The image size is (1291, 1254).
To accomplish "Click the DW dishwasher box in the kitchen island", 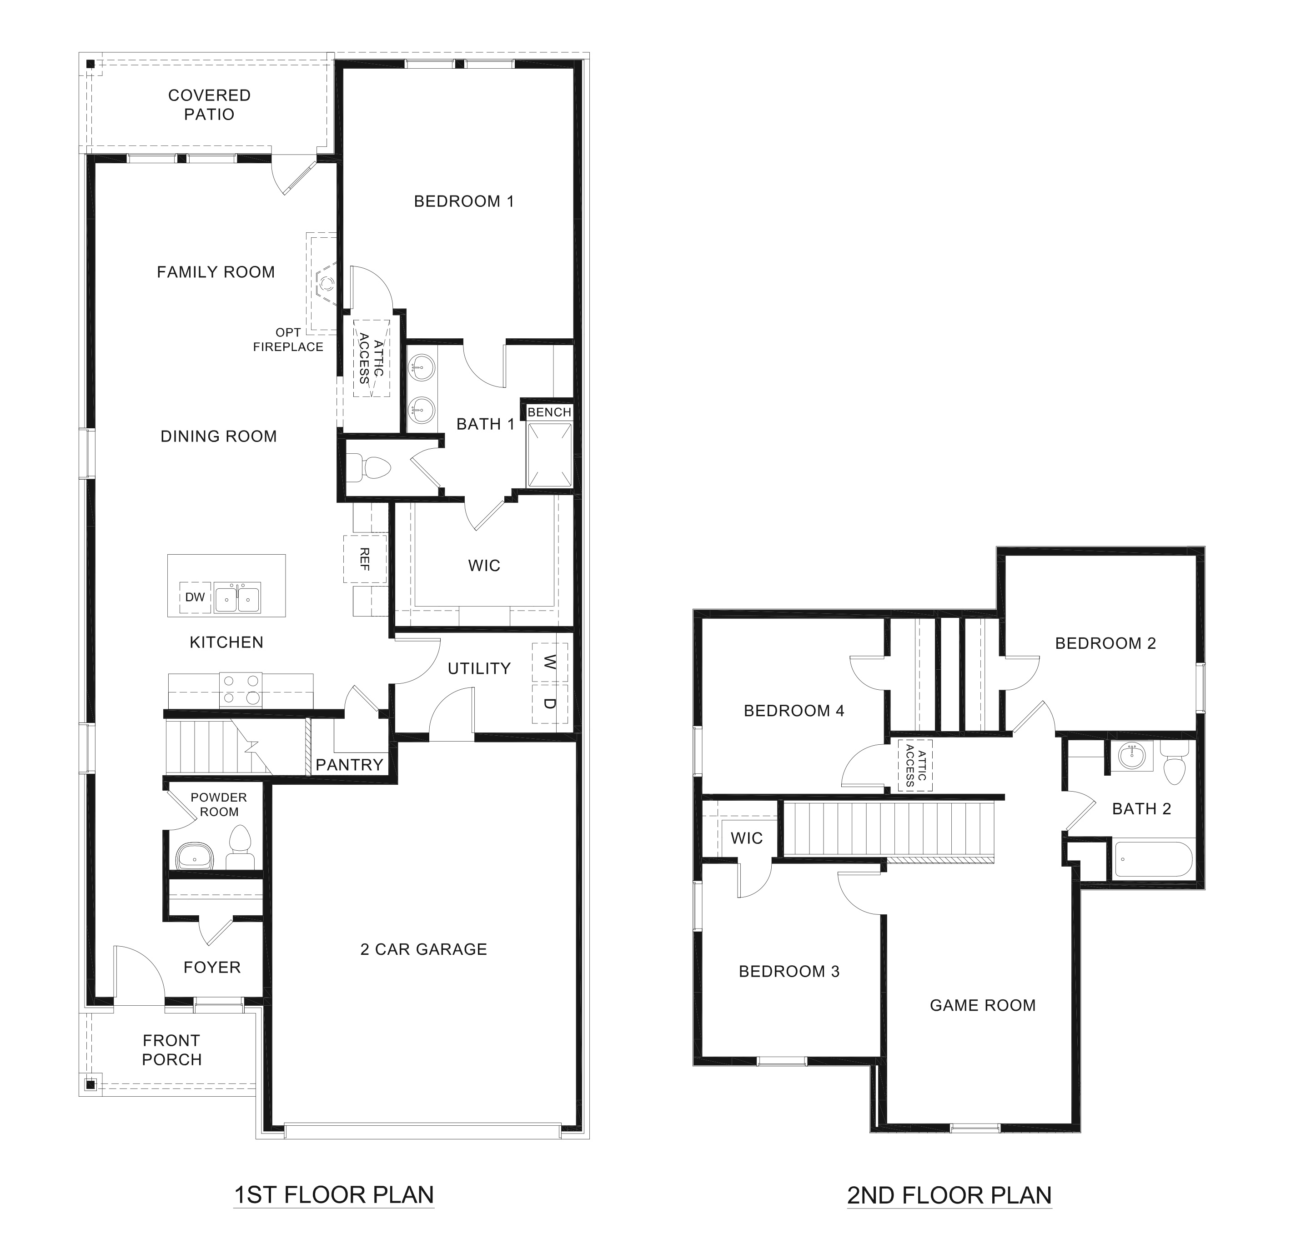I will [x=195, y=597].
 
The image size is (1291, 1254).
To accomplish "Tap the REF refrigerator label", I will [x=364, y=559].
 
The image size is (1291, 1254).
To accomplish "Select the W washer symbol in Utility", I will [x=550, y=661].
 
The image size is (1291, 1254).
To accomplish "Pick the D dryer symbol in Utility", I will [x=550, y=703].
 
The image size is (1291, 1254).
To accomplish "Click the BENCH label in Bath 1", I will [x=549, y=412].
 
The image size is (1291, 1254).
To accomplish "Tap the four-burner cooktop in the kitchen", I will [x=241, y=690].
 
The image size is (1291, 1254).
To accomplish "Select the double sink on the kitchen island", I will [x=236, y=597].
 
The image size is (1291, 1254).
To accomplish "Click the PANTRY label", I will [x=349, y=765].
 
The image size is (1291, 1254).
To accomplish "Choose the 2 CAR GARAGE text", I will [x=423, y=949].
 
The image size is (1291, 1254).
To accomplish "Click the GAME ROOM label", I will [x=982, y=1005].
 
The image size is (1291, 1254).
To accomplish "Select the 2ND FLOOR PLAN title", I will [x=949, y=1195].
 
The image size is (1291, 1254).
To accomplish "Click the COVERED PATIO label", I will [x=210, y=105].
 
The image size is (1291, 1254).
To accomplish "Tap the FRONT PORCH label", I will [x=171, y=1050].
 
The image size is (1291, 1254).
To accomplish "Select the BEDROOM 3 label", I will [x=789, y=972].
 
